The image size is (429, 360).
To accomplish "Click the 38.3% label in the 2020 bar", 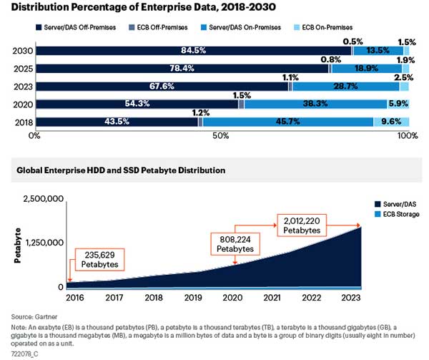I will point(315,104).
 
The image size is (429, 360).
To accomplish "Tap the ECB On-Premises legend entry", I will point(343,27).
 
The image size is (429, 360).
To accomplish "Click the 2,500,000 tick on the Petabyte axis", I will point(43,198).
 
